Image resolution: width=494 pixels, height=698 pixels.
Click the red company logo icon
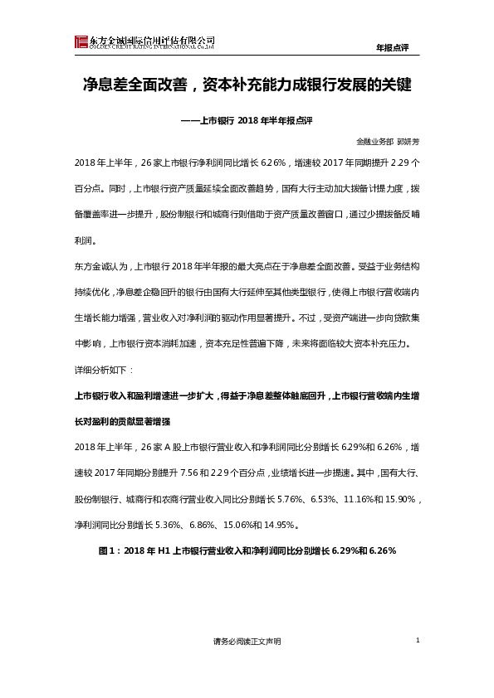pos(81,42)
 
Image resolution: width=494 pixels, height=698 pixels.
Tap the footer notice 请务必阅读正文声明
pos(247,643)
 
